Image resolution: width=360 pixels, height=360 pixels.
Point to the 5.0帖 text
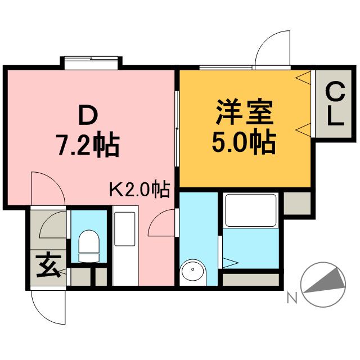click(x=244, y=143)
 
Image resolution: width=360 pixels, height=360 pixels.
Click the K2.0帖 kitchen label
click(x=139, y=190)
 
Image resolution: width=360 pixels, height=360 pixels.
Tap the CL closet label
click(x=334, y=105)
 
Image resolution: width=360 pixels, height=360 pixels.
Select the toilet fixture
click(x=88, y=246)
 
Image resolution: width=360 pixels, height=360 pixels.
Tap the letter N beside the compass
click(x=291, y=299)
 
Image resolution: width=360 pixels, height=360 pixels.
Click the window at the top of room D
click(x=91, y=60)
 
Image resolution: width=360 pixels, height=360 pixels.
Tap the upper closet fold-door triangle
click(x=304, y=77)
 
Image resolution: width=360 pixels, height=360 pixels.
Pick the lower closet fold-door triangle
click(x=303, y=127)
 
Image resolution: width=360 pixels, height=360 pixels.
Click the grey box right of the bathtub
click(x=296, y=203)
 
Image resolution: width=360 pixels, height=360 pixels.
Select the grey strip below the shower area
click(x=251, y=278)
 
